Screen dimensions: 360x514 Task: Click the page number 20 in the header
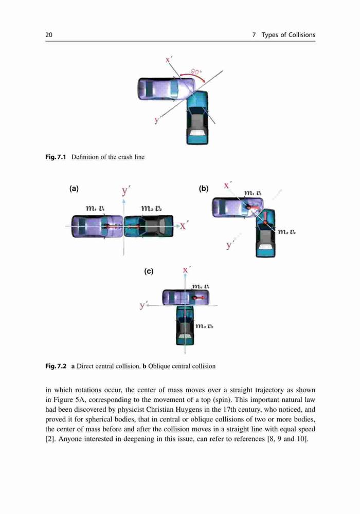click(49, 35)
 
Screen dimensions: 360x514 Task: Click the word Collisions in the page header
click(302, 35)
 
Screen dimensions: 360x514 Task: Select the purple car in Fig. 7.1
click(167, 89)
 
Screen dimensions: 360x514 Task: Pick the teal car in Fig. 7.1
click(197, 118)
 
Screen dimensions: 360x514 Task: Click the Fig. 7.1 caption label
click(56, 157)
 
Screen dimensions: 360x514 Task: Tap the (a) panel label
click(74, 189)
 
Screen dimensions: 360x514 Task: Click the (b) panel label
click(204, 189)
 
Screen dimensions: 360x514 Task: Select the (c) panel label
click(149, 271)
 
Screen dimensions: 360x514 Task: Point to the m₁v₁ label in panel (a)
click(95, 208)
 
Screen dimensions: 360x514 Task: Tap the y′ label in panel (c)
click(142, 305)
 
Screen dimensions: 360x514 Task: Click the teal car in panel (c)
click(185, 325)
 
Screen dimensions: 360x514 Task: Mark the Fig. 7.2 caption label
click(56, 366)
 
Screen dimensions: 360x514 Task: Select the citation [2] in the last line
click(50, 439)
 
